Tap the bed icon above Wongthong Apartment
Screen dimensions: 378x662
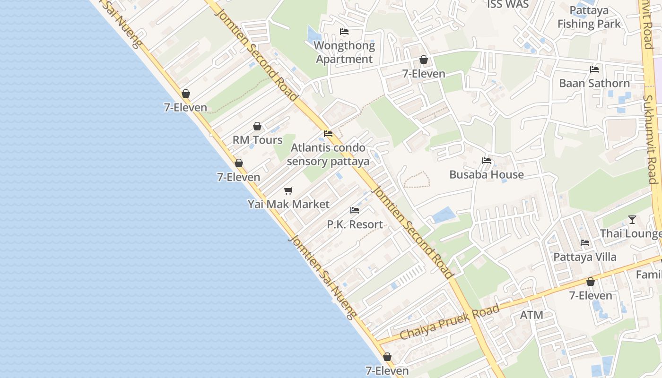coord(344,32)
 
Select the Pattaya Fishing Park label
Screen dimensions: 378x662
coord(589,17)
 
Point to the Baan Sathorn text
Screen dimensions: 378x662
coord(594,83)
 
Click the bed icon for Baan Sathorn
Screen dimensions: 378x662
coord(594,69)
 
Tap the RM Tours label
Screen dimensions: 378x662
coord(257,140)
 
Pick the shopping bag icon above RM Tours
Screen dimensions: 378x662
coord(257,126)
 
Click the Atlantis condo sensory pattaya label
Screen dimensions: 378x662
coord(328,155)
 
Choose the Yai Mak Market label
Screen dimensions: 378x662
coord(288,204)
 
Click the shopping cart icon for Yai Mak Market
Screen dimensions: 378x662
coord(288,190)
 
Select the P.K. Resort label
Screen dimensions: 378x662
coord(355,224)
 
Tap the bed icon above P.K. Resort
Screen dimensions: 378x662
coord(355,210)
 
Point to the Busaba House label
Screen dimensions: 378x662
coord(487,174)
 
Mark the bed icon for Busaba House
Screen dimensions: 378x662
coord(487,161)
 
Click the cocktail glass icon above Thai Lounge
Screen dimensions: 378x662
coord(632,220)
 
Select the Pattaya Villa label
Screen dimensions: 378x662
coord(585,257)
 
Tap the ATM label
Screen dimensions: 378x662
coord(531,315)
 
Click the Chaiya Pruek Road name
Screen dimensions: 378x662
coord(450,322)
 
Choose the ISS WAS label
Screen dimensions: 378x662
coord(508,5)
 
